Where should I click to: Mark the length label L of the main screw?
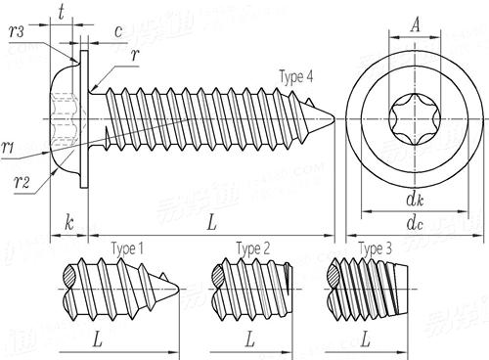pyautogui.click(x=211, y=224)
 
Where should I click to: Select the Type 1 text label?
pyautogui.click(x=127, y=249)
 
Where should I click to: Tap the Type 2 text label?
pyautogui.click(x=252, y=249)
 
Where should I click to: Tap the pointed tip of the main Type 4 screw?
pyautogui.click(x=337, y=119)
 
